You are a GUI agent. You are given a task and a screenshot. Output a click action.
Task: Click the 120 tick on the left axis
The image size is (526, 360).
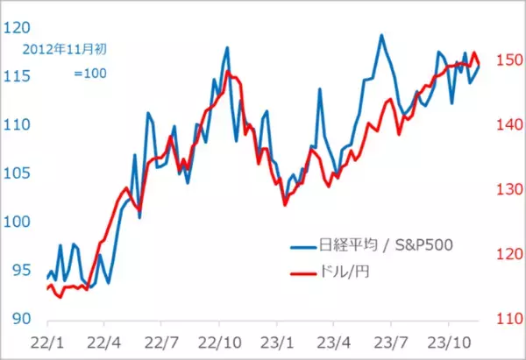pos(15,27)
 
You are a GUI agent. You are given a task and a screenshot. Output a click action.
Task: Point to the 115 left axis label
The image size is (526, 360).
pos(15,76)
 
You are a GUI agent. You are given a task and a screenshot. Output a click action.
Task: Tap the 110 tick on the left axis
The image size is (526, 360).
pos(15,124)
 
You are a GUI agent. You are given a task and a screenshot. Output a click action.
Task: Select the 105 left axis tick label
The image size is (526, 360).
pos(15,173)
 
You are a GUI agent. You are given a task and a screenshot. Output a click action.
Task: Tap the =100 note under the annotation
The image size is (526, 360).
pos(90,74)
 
